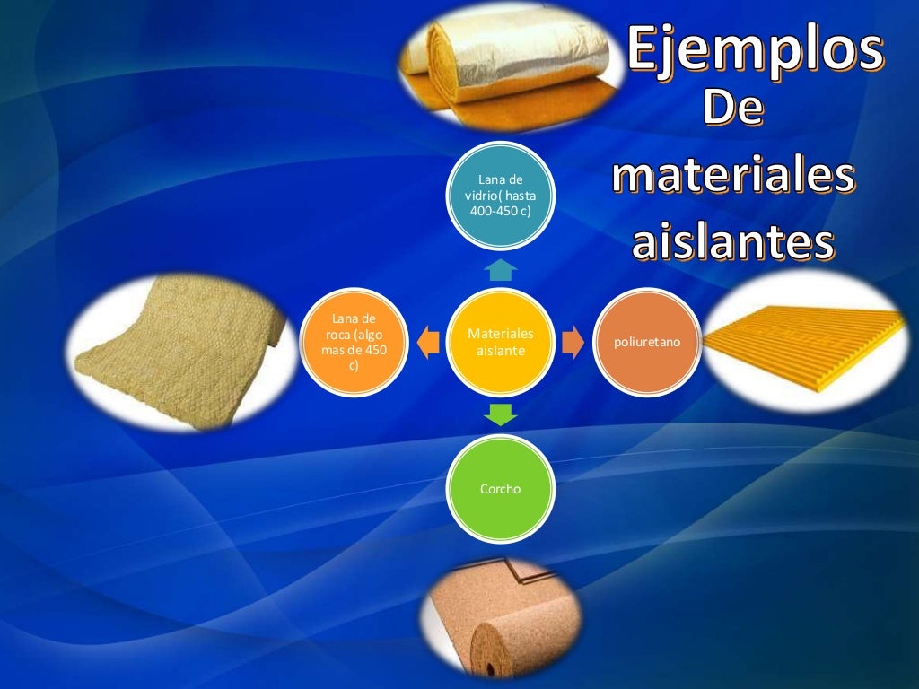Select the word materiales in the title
732,176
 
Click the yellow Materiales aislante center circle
501,342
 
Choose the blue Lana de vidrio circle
501,196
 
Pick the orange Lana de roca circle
354,342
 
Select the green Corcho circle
501,488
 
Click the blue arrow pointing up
501,269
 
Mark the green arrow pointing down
501,414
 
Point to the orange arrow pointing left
428,342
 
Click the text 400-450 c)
501,211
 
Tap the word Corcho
501,489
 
